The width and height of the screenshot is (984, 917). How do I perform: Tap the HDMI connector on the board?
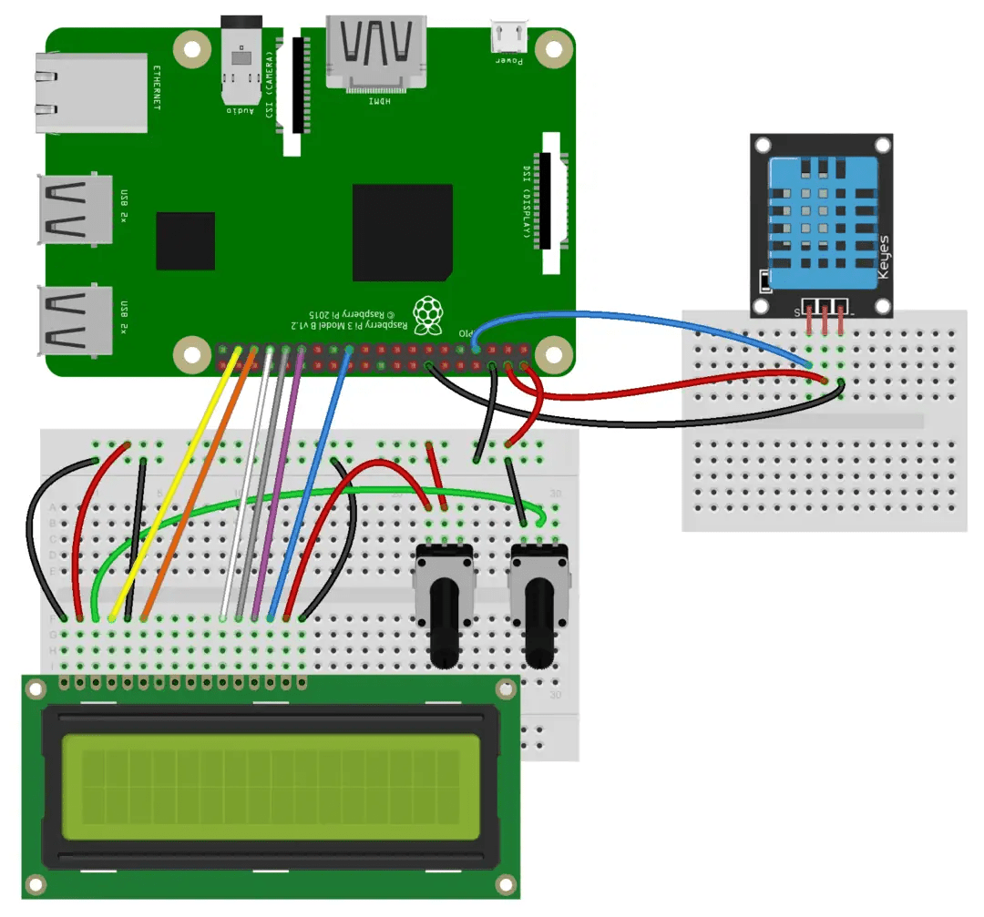coord(375,52)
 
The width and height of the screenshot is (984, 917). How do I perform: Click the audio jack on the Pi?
coord(241,59)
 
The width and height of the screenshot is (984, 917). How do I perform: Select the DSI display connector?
coord(552,202)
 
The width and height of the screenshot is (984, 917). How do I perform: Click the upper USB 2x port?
coord(75,209)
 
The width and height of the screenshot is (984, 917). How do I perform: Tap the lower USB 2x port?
coord(75,320)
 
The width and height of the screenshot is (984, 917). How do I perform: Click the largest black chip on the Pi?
coord(402,232)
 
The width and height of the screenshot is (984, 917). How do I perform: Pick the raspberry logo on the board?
coord(426,312)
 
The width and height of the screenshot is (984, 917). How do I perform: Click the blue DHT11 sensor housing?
coord(819,219)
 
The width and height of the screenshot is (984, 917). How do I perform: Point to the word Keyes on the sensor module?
coord(883,258)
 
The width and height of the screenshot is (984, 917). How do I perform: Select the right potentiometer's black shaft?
coord(538,623)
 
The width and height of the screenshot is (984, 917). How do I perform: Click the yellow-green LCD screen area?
coord(271,787)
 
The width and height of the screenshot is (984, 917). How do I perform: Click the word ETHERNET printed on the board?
coord(157,87)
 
